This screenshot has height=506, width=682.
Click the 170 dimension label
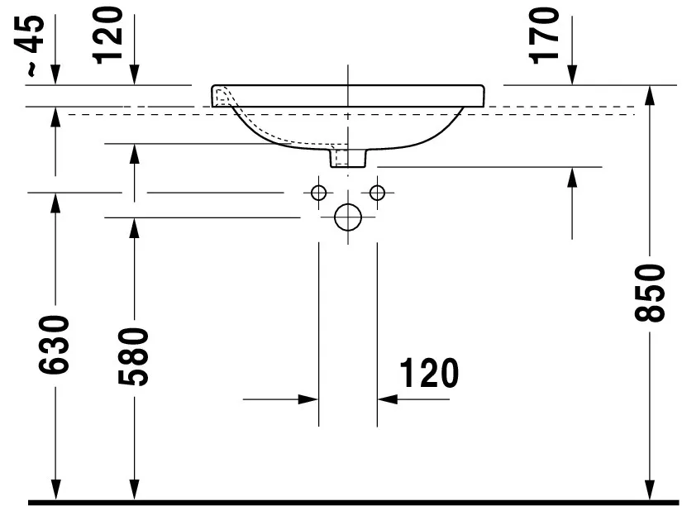pos(546,35)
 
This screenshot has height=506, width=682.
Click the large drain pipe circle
pos(348,217)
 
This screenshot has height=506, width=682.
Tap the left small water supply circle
pos(318,193)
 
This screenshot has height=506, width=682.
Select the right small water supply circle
pos(378,193)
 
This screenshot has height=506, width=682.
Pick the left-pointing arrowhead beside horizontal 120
pos(388,399)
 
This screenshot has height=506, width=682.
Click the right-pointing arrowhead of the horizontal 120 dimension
pos(309,399)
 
